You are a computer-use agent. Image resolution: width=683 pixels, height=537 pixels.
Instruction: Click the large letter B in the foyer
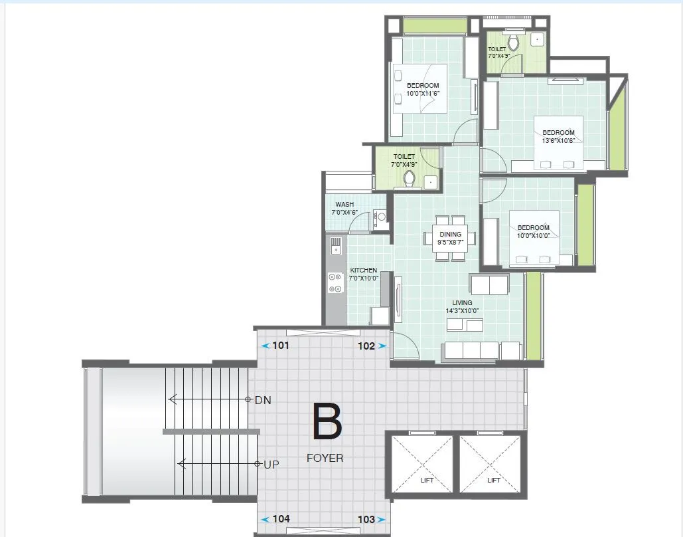click(x=327, y=422)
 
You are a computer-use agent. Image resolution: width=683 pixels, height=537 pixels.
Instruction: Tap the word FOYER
click(x=325, y=458)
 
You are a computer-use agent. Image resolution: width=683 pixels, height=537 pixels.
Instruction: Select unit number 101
click(x=281, y=346)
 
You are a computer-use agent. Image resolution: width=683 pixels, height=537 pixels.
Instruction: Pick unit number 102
click(x=366, y=346)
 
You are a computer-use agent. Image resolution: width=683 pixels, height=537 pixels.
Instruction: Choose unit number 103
click(x=366, y=519)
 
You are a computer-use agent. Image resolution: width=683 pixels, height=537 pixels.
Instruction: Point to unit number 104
click(x=281, y=519)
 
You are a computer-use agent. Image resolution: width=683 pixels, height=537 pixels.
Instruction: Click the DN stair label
click(x=263, y=400)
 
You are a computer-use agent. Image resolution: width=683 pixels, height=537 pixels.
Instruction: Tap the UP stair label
click(x=271, y=465)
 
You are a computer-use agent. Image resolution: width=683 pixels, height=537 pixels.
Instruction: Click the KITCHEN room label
click(x=363, y=270)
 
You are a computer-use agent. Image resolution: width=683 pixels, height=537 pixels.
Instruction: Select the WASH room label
click(x=344, y=205)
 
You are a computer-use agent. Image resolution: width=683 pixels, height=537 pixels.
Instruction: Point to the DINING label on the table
click(x=450, y=235)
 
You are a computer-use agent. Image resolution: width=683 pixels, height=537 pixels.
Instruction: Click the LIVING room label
click(x=463, y=303)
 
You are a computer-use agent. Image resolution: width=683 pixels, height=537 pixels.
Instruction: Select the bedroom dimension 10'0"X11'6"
click(x=423, y=94)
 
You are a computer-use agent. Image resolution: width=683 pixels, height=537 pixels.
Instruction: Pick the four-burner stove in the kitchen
click(x=335, y=283)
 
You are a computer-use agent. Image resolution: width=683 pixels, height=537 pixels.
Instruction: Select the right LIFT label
click(x=493, y=480)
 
